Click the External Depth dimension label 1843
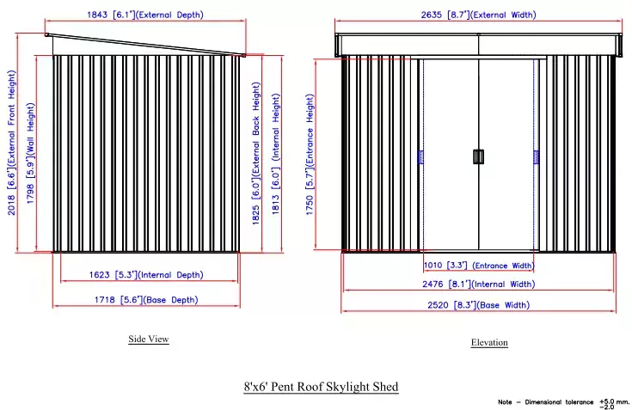[97, 15]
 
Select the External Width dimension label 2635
[432, 15]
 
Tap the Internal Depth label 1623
[99, 275]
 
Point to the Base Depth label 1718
[105, 300]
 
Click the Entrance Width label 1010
[433, 265]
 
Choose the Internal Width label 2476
[433, 284]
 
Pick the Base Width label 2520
[438, 305]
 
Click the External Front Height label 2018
[11, 205]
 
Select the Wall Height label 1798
[30, 193]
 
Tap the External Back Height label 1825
[256, 214]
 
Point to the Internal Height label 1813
[275, 205]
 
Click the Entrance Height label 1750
[310, 205]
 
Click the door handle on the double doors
[478, 156]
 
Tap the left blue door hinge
[420, 157]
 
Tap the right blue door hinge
[536, 157]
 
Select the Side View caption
[148, 340]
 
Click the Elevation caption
[489, 342]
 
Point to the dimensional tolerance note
[563, 403]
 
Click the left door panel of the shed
[451, 155]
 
